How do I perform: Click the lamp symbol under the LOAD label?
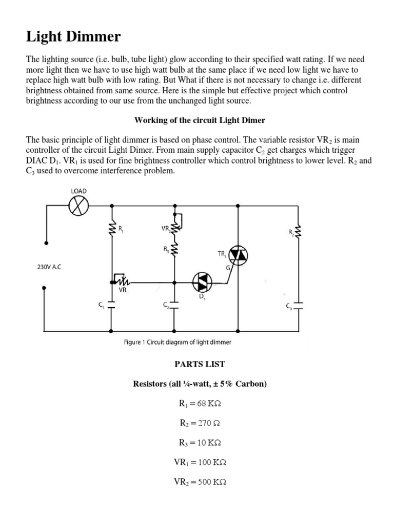78,207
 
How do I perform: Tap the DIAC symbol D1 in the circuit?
202,281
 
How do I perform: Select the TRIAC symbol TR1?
238,255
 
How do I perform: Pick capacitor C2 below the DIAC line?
174,305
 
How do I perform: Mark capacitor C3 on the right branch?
298,306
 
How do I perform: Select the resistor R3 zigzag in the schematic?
175,249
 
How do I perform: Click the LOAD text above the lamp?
78,191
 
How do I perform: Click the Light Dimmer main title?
74,37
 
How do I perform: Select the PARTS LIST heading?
199,364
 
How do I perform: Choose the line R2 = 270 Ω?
200,423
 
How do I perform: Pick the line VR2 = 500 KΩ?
200,482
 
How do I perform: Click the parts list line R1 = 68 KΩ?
200,403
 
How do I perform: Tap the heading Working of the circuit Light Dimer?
200,120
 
